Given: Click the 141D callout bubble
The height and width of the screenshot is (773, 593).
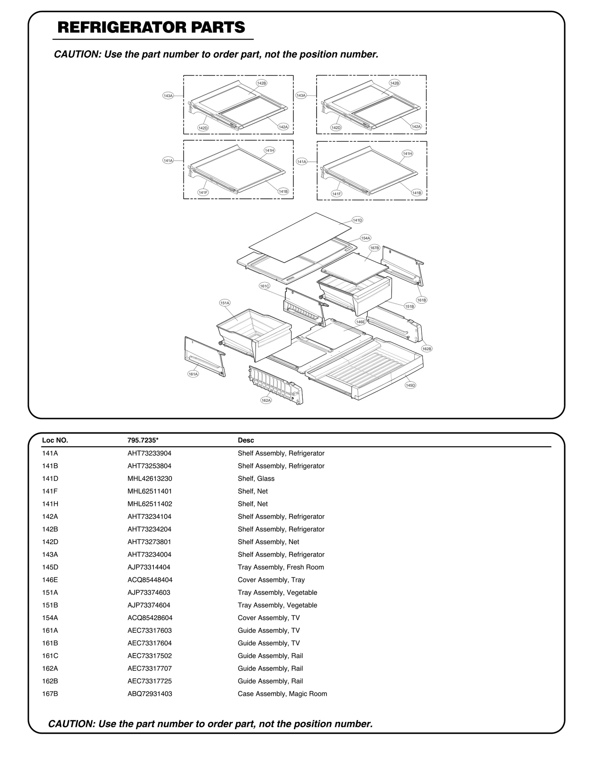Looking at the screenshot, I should click(x=357, y=220).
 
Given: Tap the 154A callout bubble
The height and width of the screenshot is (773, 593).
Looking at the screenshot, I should click(x=365, y=238).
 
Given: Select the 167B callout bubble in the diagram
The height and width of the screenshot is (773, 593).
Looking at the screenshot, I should click(x=374, y=248).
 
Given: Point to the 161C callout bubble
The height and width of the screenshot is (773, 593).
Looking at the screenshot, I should click(x=264, y=286).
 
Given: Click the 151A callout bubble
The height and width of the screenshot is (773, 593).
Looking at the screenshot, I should click(x=225, y=303).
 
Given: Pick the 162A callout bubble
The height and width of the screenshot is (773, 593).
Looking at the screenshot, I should click(x=266, y=400).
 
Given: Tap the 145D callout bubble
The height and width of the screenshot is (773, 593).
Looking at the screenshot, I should click(x=410, y=385).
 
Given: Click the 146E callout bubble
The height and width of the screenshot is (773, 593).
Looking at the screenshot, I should click(x=360, y=322).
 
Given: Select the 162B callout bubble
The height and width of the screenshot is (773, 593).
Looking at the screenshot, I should click(x=427, y=349).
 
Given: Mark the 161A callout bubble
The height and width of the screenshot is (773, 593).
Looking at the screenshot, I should click(x=193, y=374).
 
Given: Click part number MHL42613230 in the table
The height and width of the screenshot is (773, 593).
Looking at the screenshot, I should click(x=150, y=478).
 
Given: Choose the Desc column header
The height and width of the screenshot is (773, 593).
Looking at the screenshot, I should click(x=246, y=440).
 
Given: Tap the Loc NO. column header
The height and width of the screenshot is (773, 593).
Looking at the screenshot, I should click(x=55, y=440).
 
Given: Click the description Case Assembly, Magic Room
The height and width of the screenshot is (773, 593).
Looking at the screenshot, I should click(x=282, y=694).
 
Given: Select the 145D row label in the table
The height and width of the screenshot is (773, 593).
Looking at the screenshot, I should click(x=50, y=567).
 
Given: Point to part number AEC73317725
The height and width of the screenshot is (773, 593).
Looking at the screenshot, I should click(x=150, y=681).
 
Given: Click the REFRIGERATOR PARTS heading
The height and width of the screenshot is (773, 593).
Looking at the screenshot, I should click(x=151, y=27).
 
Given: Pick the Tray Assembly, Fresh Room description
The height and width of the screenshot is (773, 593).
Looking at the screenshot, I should click(x=281, y=567).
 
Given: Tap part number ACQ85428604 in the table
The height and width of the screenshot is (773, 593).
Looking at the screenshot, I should click(x=150, y=618).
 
